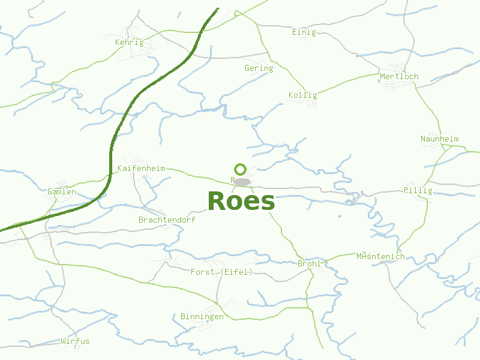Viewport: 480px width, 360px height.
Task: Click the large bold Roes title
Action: pos(241,201)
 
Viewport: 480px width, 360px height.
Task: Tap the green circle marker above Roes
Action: pos(240,169)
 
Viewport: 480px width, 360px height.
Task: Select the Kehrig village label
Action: pos(130,42)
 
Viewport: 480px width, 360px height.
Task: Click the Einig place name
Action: pos(304,32)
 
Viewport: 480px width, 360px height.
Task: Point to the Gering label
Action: pos(259,68)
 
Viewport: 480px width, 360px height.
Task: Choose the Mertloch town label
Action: pos(399,76)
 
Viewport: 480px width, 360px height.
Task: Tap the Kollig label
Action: pos(302,95)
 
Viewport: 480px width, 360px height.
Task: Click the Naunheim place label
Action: pos(439,139)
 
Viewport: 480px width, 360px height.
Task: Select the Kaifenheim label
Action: pos(141,168)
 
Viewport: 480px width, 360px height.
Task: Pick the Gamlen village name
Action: pos(62,191)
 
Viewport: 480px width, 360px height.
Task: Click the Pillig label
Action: pos(418,190)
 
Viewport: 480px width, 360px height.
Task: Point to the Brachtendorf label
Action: pos(167,220)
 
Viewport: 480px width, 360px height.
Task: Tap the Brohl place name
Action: pos(309,263)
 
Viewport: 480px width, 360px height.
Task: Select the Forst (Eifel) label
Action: pos(221,272)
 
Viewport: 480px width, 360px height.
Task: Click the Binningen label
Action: pos(202,316)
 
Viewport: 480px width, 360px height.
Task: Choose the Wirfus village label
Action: pos(75,341)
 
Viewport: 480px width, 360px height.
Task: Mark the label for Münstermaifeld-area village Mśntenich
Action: pos(380,256)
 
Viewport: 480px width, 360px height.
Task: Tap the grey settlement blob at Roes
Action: pos(242,181)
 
